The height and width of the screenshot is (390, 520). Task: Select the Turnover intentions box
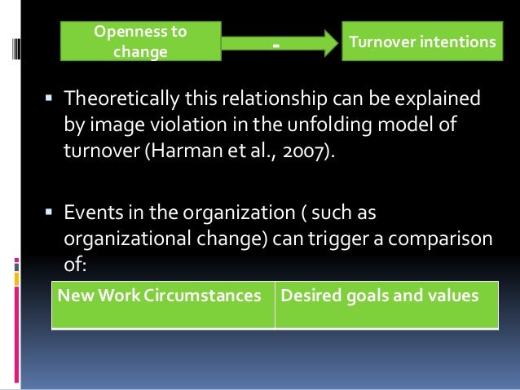[x=421, y=42]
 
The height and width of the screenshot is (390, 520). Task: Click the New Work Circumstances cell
[x=163, y=296]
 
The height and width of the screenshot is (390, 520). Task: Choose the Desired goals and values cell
[x=386, y=296]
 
